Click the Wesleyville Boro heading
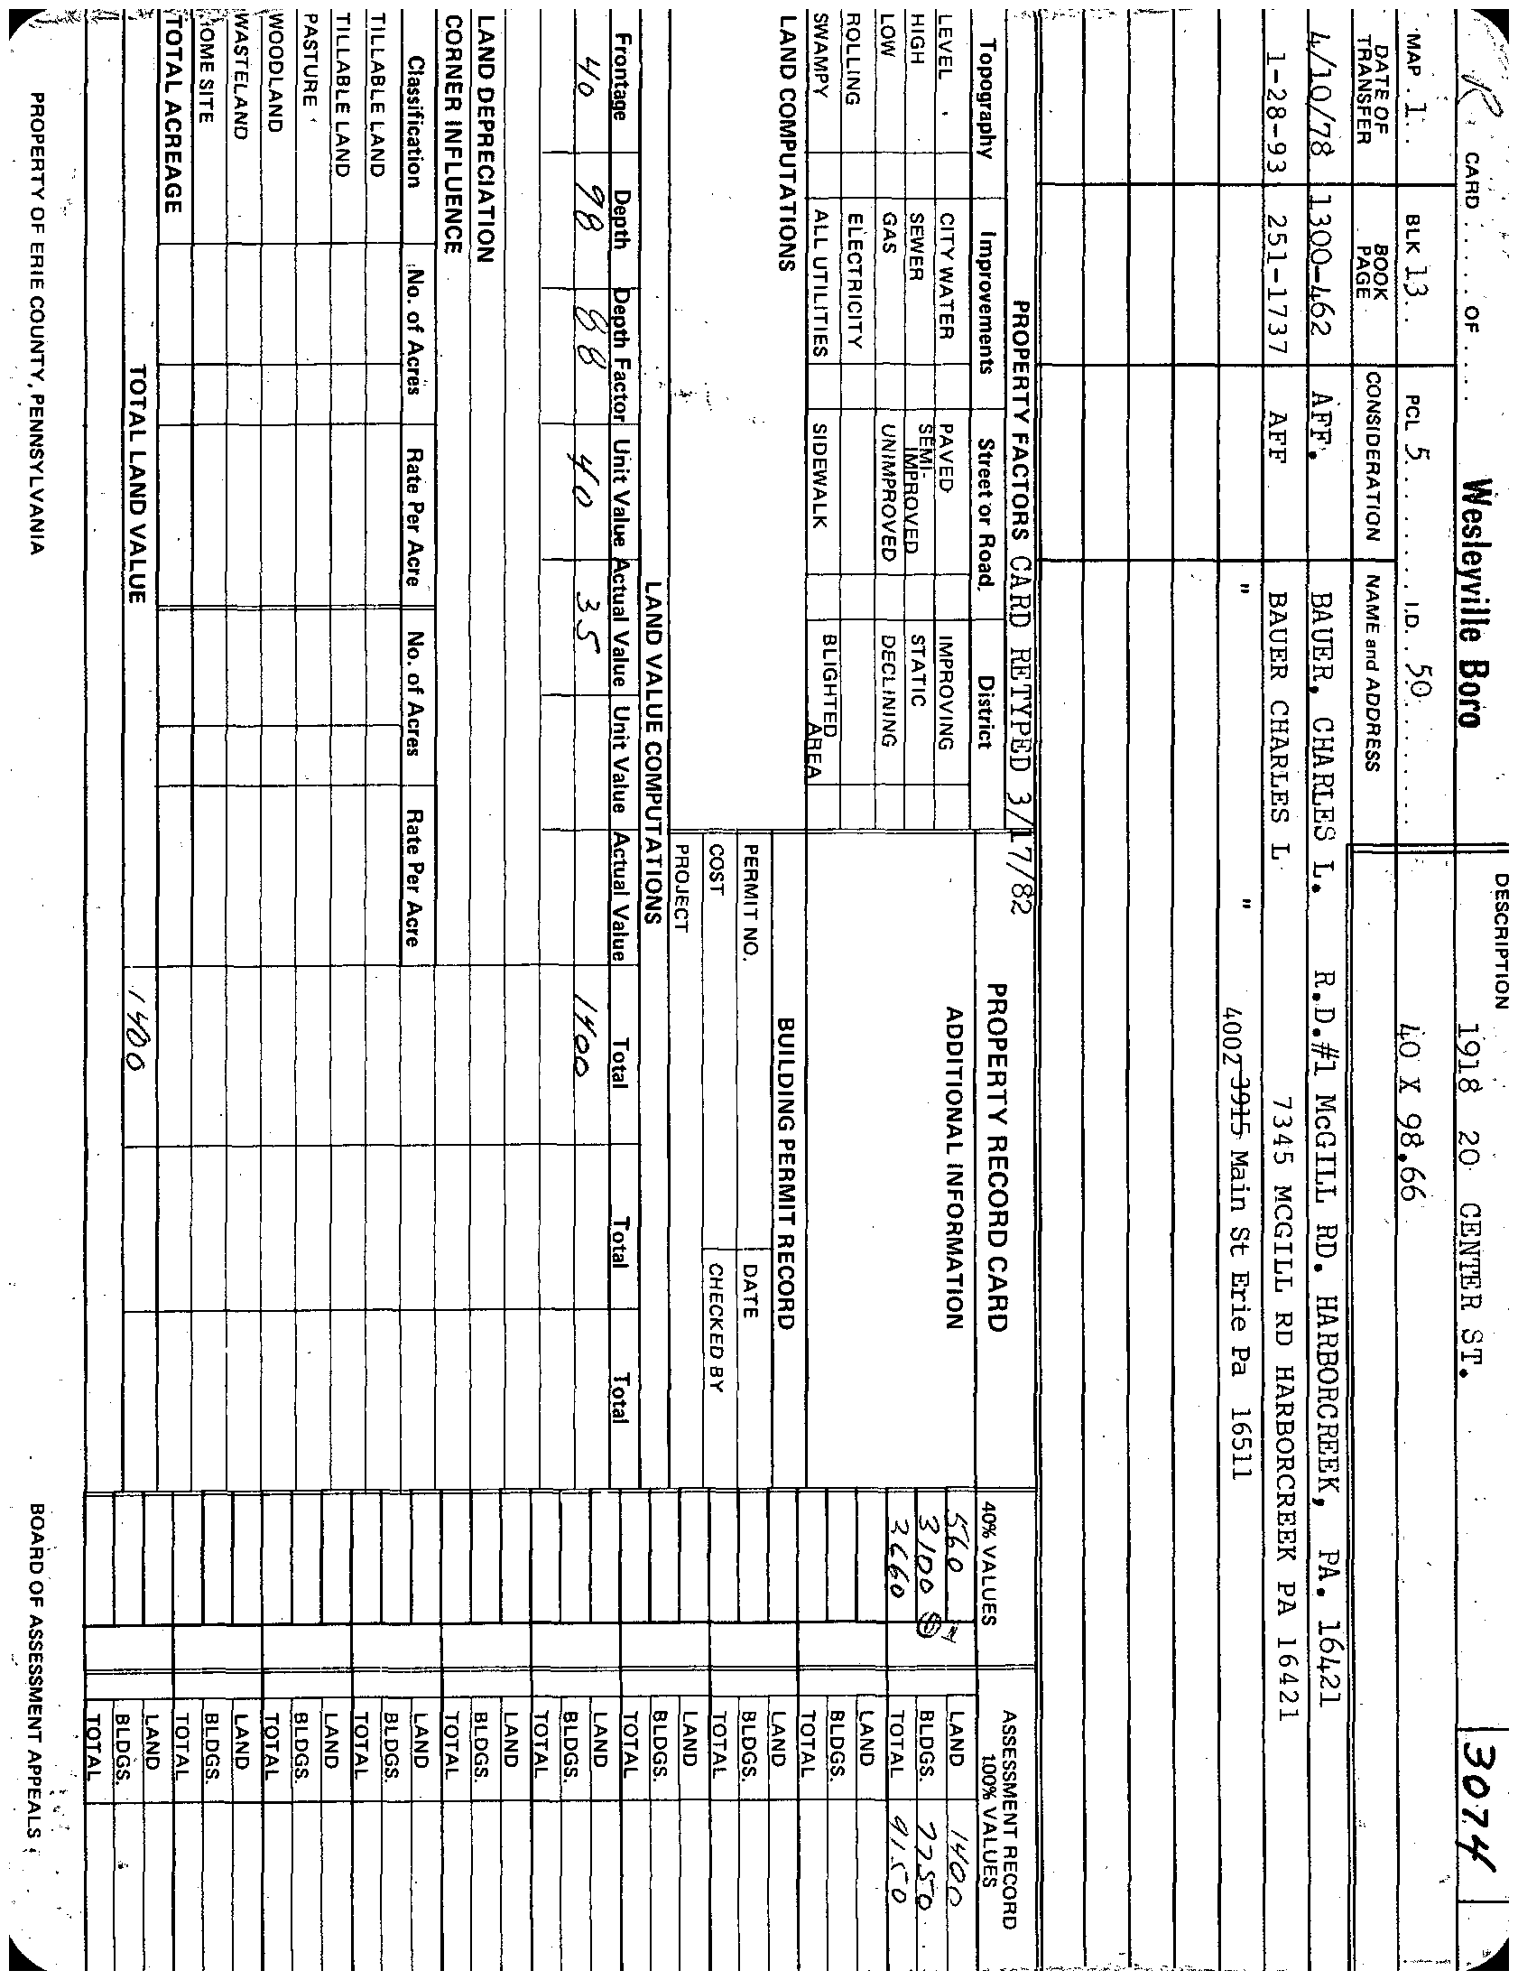(1469, 603)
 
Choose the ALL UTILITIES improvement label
(820, 283)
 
